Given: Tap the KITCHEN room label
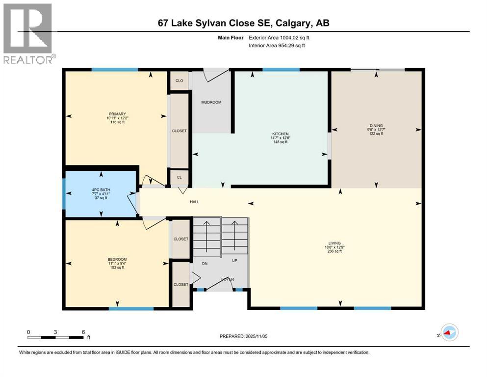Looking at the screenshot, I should (281, 134).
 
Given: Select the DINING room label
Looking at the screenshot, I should (377, 126).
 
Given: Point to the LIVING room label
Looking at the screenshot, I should (335, 242).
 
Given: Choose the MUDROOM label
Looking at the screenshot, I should (211, 102).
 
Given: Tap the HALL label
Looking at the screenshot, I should (195, 202).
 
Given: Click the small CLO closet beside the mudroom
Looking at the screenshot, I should (179, 81).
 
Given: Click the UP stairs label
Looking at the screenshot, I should (234, 261).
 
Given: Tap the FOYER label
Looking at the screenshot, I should (227, 279).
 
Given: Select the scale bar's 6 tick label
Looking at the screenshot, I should (83, 332).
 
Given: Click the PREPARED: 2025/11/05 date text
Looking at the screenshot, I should (243, 336).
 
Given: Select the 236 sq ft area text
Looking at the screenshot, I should (335, 251).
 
